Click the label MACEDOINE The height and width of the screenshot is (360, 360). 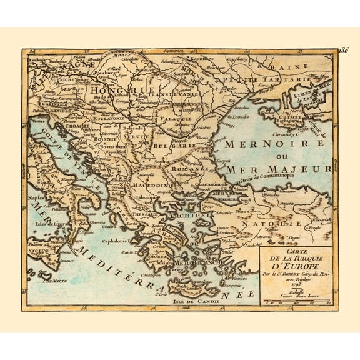tap(151, 185)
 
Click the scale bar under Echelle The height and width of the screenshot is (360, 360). tap(294, 302)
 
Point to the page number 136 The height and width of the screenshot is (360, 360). tap(341, 49)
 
